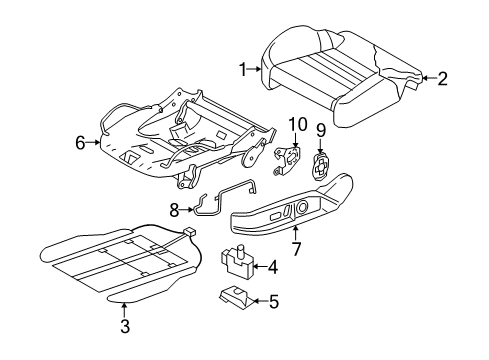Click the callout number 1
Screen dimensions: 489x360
point(243,70)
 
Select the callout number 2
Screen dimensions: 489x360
point(442,79)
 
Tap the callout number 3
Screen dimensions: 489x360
point(125,326)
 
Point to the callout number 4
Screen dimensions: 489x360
point(273,267)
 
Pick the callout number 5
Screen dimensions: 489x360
point(273,301)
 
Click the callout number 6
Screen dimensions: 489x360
point(80,143)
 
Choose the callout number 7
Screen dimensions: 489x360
point(296,248)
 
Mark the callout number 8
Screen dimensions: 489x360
point(174,210)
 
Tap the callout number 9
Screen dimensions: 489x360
point(320,130)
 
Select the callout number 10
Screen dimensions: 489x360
point(298,124)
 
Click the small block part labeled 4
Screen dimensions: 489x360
point(237,262)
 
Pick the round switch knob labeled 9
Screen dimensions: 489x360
point(321,167)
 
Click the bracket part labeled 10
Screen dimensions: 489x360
point(287,160)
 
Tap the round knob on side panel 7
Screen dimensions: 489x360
point(302,207)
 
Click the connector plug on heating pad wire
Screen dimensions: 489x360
point(189,232)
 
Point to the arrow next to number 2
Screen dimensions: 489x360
point(429,78)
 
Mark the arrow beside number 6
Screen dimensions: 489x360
point(93,142)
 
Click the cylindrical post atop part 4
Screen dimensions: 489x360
point(239,251)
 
